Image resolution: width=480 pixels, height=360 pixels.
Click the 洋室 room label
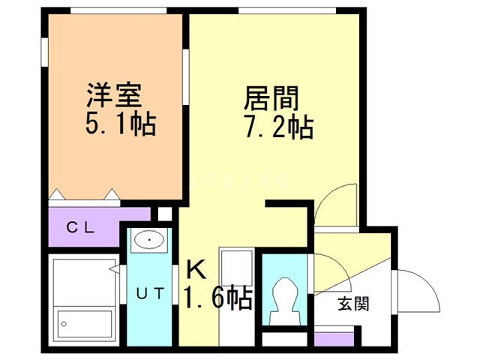point(113,97)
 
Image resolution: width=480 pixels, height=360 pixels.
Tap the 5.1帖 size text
point(120,124)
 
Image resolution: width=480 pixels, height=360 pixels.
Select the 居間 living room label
point(271,98)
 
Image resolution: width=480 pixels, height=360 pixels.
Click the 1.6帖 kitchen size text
point(218,298)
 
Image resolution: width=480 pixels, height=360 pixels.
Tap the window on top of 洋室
point(117,10)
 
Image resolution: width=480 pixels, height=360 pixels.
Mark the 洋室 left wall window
point(44,56)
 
